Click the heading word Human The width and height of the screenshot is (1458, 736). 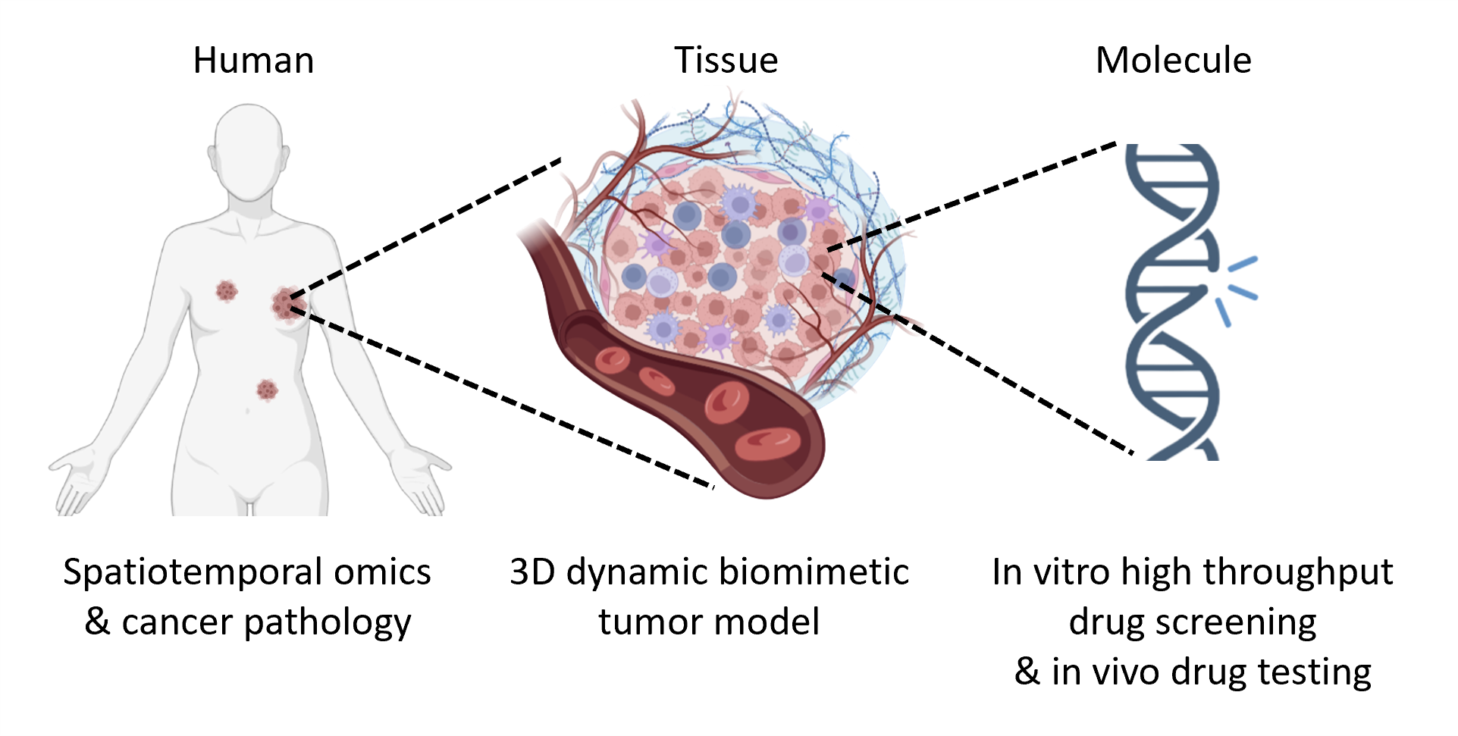tap(253, 61)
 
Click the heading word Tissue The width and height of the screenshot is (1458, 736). tap(726, 61)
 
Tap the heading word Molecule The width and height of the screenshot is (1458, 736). tap(1173, 61)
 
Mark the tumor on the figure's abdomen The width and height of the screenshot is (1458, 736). tap(267, 390)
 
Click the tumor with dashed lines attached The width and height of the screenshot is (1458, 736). tap(284, 303)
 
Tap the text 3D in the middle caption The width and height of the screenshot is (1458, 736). tap(532, 572)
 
